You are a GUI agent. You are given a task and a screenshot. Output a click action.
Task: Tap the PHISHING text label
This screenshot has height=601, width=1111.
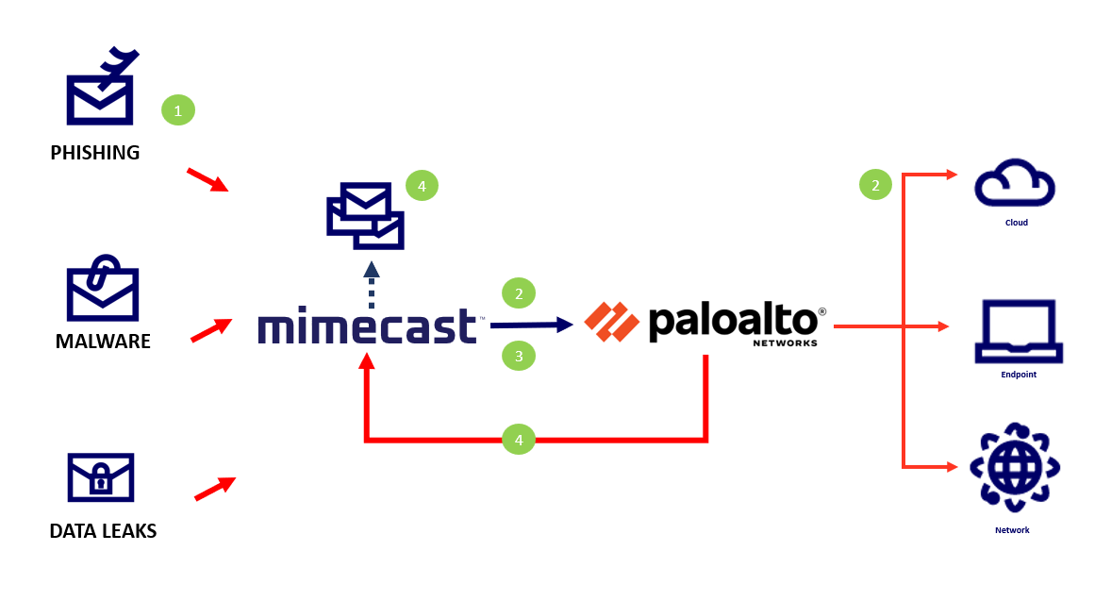tap(94, 152)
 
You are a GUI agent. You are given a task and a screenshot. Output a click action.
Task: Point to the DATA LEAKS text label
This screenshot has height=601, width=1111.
tap(103, 531)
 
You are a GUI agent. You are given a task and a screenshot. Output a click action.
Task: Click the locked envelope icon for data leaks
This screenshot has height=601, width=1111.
tap(101, 477)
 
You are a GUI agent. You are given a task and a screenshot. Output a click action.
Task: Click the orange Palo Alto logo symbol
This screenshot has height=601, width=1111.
tap(611, 322)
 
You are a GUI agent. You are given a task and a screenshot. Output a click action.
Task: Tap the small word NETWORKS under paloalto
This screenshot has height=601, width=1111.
tap(785, 343)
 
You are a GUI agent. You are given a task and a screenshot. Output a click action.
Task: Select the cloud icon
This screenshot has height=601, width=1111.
tap(1014, 184)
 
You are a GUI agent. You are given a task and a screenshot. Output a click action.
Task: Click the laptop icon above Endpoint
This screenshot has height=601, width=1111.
tap(1019, 331)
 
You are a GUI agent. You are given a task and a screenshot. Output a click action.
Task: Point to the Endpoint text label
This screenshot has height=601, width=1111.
tap(1019, 375)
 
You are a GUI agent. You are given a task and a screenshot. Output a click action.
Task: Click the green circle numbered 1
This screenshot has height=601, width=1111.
tap(178, 110)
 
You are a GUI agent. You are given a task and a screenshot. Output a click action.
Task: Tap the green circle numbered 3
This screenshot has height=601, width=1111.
tap(519, 356)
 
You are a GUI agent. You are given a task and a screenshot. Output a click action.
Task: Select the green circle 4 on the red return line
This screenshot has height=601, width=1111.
tap(518, 439)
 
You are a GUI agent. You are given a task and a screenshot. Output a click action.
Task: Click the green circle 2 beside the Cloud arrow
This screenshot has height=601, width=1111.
tap(875, 185)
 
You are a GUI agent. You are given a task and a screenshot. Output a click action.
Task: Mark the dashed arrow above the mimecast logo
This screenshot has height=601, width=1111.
tap(372, 284)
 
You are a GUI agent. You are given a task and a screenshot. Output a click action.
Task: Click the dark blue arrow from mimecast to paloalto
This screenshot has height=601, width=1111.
tap(532, 325)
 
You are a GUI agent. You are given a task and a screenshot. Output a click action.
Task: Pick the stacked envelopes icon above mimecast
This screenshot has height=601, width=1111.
tap(365, 216)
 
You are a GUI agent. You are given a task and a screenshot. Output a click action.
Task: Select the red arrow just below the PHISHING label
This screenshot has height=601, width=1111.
tap(207, 180)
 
